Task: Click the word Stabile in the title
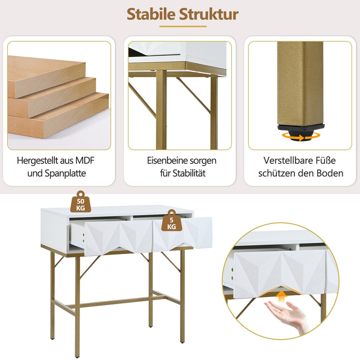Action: click(x=151, y=14)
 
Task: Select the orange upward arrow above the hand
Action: click(x=282, y=296)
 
